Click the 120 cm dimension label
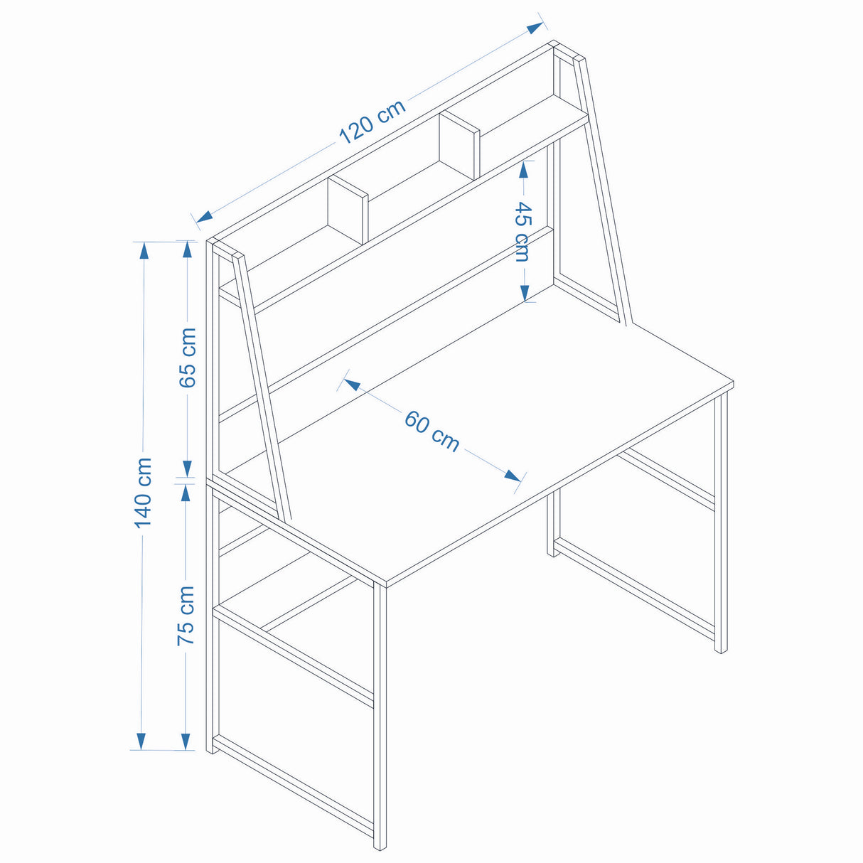(372, 122)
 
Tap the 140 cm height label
(144, 493)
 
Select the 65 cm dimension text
(188, 358)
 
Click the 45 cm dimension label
(522, 232)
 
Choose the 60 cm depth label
(432, 431)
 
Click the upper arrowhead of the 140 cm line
(144, 251)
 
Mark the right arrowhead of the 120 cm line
(535, 28)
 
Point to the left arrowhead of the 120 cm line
(204, 218)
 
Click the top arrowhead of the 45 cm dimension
(523, 169)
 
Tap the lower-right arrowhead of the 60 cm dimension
(513, 476)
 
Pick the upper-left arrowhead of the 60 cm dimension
(353, 384)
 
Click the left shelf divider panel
(348, 210)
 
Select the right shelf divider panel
(459, 146)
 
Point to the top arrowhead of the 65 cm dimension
(188, 250)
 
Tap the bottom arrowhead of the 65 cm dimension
(188, 469)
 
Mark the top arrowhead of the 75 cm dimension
(186, 493)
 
